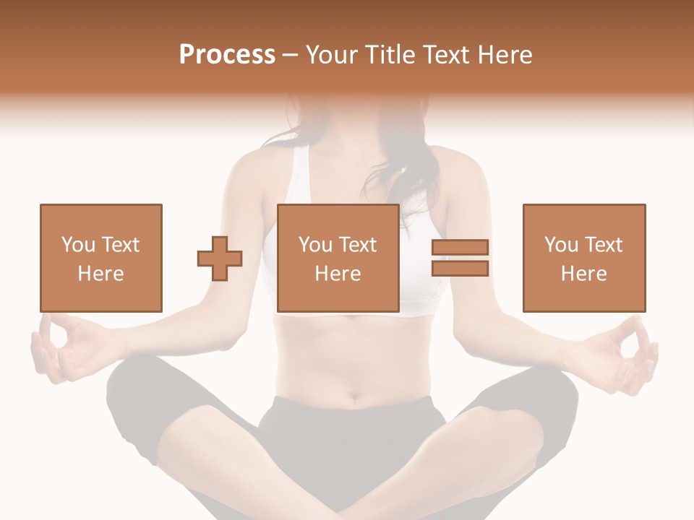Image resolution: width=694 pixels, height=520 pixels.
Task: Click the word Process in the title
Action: pyautogui.click(x=227, y=55)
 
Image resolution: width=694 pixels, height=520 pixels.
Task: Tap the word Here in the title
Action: pyautogui.click(x=502, y=55)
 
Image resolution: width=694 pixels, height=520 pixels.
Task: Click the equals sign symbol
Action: pyautogui.click(x=460, y=258)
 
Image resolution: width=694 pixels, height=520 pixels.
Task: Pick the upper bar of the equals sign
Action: pyautogui.click(x=460, y=248)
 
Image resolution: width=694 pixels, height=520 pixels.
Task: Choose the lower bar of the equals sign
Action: pyautogui.click(x=460, y=268)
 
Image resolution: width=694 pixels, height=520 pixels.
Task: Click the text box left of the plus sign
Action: pyautogui.click(x=100, y=258)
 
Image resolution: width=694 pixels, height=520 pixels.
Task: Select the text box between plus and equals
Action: pyautogui.click(x=338, y=258)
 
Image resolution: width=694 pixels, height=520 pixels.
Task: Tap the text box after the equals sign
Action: pyautogui.click(x=583, y=258)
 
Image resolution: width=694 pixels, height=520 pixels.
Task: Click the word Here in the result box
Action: pyautogui.click(x=583, y=274)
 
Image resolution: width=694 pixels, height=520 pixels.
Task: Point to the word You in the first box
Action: pyautogui.click(x=77, y=245)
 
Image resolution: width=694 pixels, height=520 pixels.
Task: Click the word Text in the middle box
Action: pyautogui.click(x=358, y=245)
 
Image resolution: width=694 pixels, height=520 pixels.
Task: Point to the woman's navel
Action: pyautogui.click(x=356, y=396)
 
